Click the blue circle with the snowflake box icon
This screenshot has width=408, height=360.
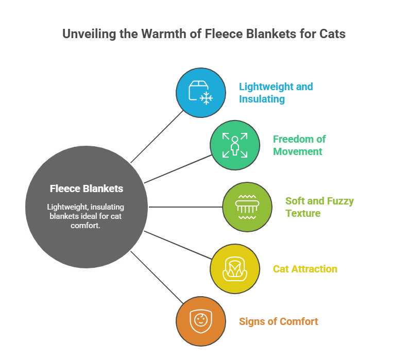coord(201,93)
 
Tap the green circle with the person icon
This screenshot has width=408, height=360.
coord(235,145)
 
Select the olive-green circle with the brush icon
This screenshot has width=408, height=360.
coord(247,207)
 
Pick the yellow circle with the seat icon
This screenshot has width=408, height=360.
coord(235,269)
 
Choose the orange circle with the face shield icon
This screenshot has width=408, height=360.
coord(201,321)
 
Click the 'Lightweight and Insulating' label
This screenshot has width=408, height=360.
coord(276,93)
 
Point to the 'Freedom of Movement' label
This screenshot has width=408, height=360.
coord(299,145)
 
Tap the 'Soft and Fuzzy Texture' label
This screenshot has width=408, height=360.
coord(319,207)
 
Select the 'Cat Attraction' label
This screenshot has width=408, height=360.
coord(305,269)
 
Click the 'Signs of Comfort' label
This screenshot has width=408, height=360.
coord(278,321)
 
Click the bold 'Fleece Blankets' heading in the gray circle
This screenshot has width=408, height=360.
coord(87,188)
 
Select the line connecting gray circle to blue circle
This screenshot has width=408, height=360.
coord(157,136)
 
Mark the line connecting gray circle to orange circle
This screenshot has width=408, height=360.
coord(157,278)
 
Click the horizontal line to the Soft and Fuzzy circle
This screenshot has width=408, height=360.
coord(185,207)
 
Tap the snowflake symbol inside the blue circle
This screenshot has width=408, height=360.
coord(206,98)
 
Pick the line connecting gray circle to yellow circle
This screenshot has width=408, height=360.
coord(178,246)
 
